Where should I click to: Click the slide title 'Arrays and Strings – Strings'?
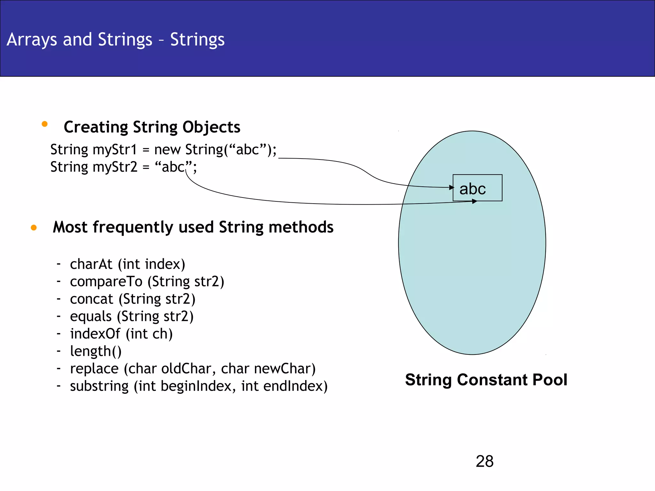pos(115,40)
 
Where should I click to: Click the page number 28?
pos(484,461)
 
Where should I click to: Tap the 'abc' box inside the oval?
pos(477,188)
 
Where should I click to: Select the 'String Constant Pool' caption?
pos(486,380)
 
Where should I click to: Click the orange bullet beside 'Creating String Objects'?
pos(44,124)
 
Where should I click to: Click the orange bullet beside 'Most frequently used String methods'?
pos(34,228)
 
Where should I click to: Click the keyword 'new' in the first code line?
pos(167,150)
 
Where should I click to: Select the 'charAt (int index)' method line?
pos(127,264)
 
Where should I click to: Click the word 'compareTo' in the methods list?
pos(106,282)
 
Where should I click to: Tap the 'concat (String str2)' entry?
pos(132,299)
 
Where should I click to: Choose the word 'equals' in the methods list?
pos(91,316)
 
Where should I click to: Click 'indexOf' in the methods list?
pos(95,334)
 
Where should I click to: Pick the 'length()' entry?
pos(96,351)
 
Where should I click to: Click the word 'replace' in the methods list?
pos(94,369)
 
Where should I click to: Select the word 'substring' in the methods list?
pos(99,386)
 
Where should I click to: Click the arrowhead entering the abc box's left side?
pos(451,187)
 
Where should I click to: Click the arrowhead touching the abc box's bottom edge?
pos(474,201)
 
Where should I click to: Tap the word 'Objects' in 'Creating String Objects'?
pos(211,127)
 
